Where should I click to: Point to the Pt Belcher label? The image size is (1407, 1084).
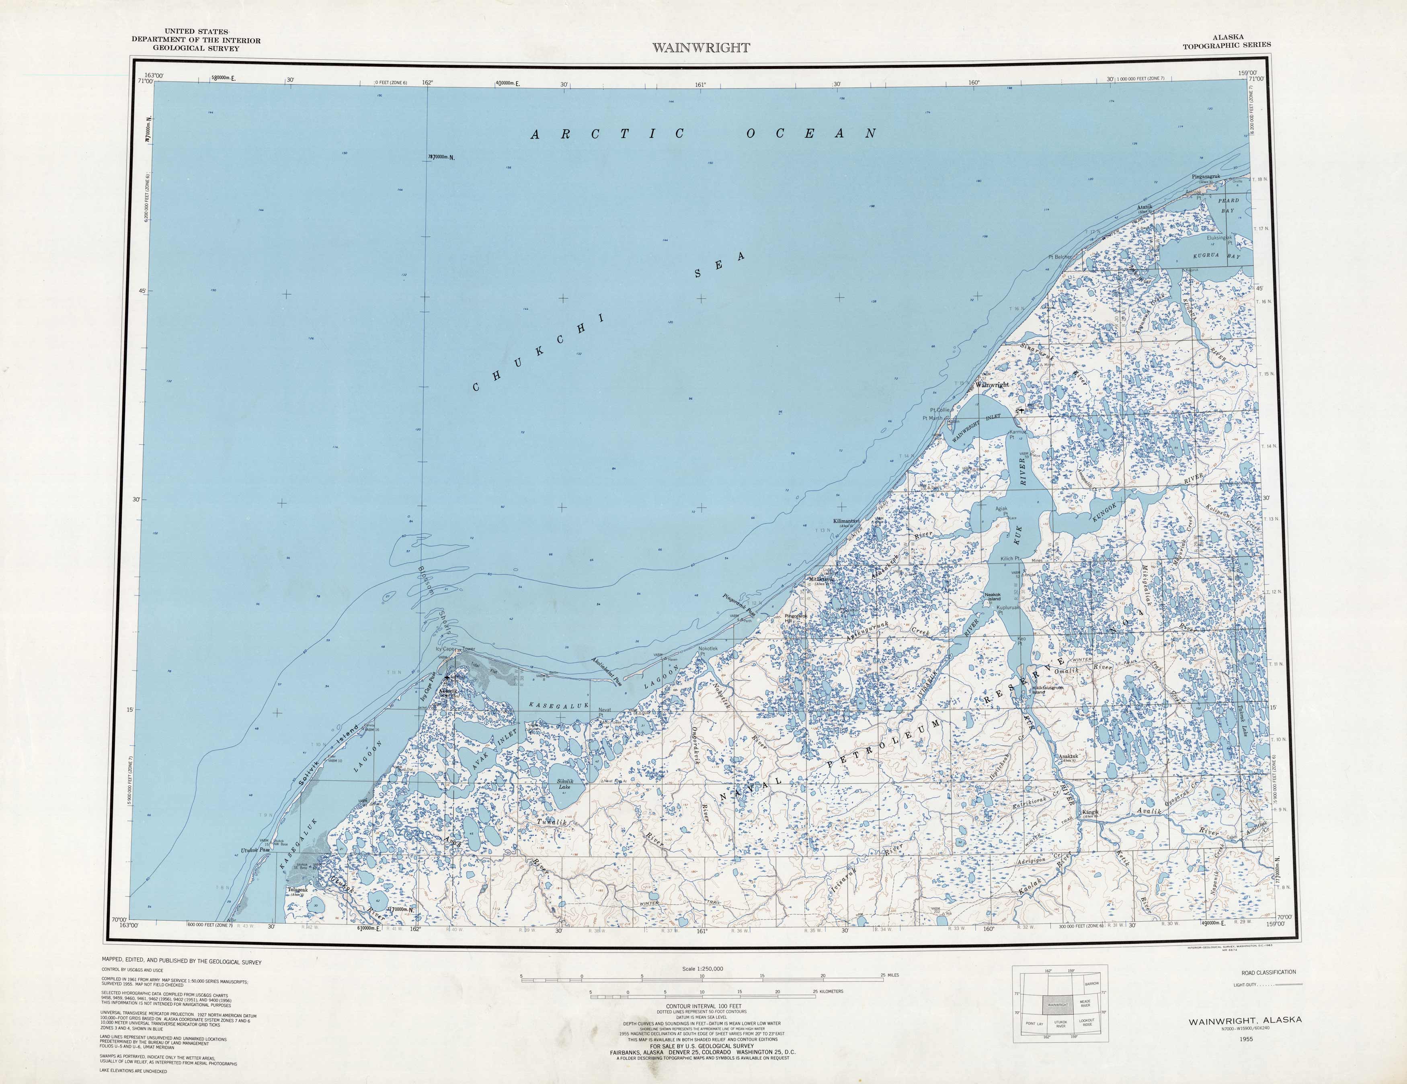point(1060,256)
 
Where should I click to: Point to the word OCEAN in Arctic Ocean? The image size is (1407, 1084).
point(811,134)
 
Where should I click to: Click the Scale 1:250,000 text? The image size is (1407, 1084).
point(703,968)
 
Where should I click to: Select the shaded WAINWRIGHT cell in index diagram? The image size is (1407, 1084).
point(1057,1005)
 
